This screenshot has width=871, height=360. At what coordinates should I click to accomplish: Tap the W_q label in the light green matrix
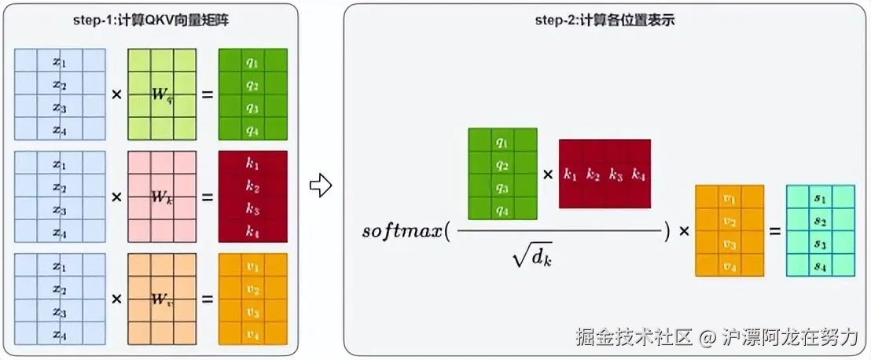(162, 95)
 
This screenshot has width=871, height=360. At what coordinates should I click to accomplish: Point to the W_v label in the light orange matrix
(162, 299)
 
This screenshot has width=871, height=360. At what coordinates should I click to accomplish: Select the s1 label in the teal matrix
(821, 197)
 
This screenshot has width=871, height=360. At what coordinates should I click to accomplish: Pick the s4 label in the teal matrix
(821, 265)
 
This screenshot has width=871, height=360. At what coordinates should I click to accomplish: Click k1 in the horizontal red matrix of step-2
(570, 174)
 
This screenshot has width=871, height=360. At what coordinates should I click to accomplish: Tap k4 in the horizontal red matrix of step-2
(639, 174)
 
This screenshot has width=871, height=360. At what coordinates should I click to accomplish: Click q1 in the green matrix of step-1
(252, 61)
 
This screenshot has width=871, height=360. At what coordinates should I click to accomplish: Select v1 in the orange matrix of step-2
(730, 197)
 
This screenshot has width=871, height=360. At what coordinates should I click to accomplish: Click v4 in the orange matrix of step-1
(252, 334)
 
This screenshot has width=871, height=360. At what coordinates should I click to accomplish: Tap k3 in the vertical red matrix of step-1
(252, 209)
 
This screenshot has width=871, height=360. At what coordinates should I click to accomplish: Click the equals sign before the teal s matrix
(775, 231)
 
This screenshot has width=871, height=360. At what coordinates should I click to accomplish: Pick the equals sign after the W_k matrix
(208, 197)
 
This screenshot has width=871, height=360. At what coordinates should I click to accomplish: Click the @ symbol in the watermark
(707, 338)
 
